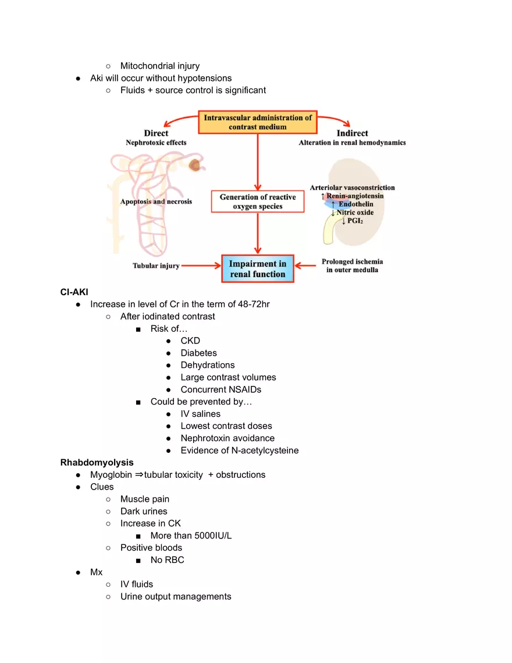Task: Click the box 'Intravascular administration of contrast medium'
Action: [258, 122]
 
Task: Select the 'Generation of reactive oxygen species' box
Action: [257, 201]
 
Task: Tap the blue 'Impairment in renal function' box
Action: [257, 268]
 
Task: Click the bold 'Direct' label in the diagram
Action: [156, 133]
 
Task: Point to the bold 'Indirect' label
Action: [352, 133]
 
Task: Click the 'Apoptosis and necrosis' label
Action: [156, 201]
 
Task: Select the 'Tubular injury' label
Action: [156, 266]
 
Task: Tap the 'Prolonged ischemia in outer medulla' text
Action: [352, 265]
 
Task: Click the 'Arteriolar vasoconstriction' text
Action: [352, 187]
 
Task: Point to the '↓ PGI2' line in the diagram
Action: [352, 221]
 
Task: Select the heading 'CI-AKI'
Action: [74, 292]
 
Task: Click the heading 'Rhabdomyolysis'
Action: [97, 462]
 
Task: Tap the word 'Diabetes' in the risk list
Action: [198, 353]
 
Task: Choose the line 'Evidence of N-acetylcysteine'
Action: [239, 450]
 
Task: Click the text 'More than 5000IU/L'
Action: [191, 536]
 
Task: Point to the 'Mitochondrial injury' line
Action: [159, 66]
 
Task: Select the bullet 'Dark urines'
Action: [143, 511]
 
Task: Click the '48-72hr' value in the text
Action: [254, 304]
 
